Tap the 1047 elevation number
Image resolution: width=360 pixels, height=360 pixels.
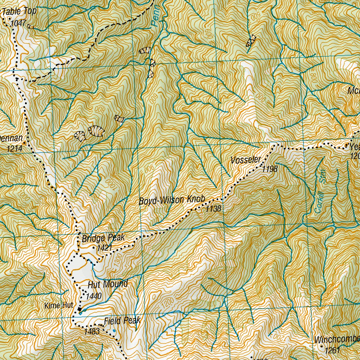[19, 23]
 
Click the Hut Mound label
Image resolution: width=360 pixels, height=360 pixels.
[107, 284]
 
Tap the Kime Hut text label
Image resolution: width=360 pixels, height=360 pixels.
[59, 306]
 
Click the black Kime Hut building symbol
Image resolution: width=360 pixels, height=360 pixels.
[80, 310]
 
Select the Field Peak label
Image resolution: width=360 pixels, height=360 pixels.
[122, 320]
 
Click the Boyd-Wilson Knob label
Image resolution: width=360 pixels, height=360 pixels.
[172, 200]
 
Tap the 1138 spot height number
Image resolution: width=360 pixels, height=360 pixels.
[213, 209]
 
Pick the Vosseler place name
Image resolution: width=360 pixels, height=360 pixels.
[246, 160]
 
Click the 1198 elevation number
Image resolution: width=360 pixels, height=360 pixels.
[270, 169]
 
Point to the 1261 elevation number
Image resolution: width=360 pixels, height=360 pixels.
[333, 351]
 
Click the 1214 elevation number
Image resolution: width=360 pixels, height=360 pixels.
[14, 149]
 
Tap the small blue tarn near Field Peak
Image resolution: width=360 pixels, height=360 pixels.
[114, 331]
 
